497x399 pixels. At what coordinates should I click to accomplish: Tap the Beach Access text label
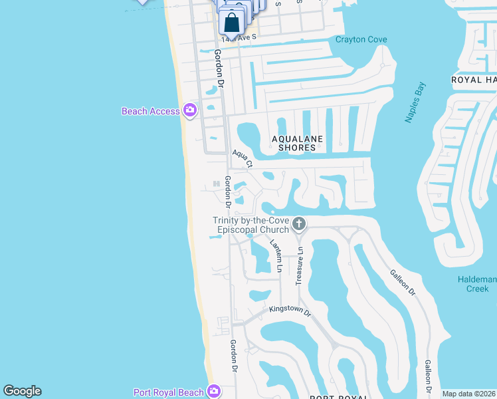point(151,111)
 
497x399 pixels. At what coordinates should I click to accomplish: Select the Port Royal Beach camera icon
point(214,392)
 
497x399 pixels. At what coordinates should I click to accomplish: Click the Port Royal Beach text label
point(169,392)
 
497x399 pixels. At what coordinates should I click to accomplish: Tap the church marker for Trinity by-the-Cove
point(299,223)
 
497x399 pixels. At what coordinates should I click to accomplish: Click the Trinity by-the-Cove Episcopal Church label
point(250,225)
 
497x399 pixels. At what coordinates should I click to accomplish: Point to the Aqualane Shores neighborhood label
point(297,143)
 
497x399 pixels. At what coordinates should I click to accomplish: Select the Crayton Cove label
point(361,40)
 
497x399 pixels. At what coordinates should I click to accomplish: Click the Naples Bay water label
point(416,102)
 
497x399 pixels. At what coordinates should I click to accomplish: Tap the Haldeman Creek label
point(477,284)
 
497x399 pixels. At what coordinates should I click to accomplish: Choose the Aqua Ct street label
point(243,159)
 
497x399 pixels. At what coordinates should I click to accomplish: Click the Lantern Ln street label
point(276,257)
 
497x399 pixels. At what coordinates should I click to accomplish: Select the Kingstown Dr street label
point(290,311)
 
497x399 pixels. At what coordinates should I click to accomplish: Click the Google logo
point(23,391)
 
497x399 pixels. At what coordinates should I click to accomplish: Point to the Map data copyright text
point(468,394)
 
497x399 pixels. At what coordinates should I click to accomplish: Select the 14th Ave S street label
point(239,39)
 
